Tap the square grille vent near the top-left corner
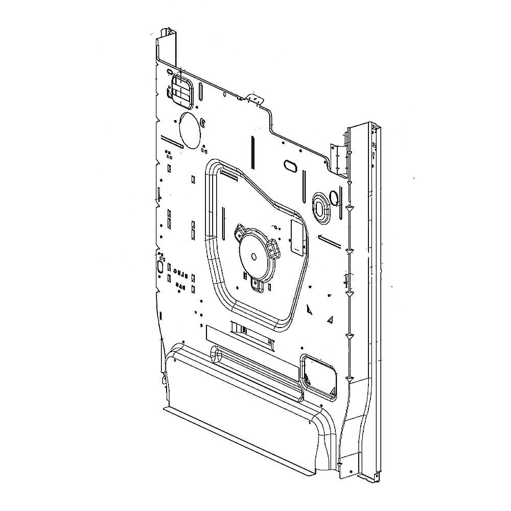pyautogui.click(x=181, y=92)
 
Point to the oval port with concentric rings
pyautogui.click(x=320, y=208)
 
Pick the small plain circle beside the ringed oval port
pyautogui.click(x=334, y=197)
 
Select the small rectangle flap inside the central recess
pyautogui.click(x=296, y=236)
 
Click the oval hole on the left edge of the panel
pyautogui.click(x=159, y=267)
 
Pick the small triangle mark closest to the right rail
pyautogui.click(x=331, y=320)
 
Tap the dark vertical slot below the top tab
pyautogui.click(x=252, y=151)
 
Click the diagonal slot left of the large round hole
pyautogui.click(x=171, y=141)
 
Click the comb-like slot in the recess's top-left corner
pyautogui.click(x=228, y=176)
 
